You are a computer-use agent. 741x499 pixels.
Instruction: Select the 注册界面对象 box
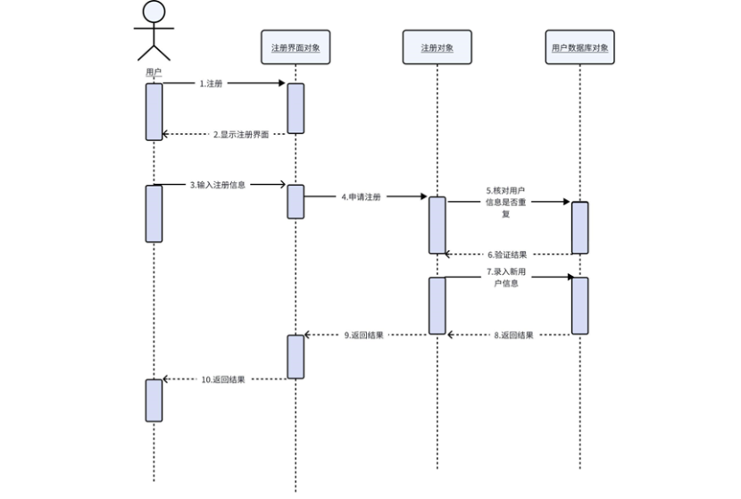pos(296,47)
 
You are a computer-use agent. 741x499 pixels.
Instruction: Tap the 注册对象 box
pos(437,47)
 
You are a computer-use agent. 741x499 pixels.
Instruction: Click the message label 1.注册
pos(211,83)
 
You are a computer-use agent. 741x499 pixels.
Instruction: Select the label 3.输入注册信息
pos(218,185)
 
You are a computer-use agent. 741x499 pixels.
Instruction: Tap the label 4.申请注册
pos(361,196)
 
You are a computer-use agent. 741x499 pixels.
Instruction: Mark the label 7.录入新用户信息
pos(505,277)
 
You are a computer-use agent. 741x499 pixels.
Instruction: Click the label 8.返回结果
pos(513,335)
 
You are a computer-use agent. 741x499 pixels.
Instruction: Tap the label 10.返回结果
pos(223,378)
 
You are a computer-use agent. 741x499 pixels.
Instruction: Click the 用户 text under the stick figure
pos(154,71)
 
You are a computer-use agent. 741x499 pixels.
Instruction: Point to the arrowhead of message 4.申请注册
pos(423,196)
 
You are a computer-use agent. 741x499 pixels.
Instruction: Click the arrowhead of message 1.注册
pos(281,84)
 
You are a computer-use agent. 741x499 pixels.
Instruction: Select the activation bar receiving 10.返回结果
pos(154,400)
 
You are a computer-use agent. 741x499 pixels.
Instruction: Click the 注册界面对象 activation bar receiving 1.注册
pos(296,108)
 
